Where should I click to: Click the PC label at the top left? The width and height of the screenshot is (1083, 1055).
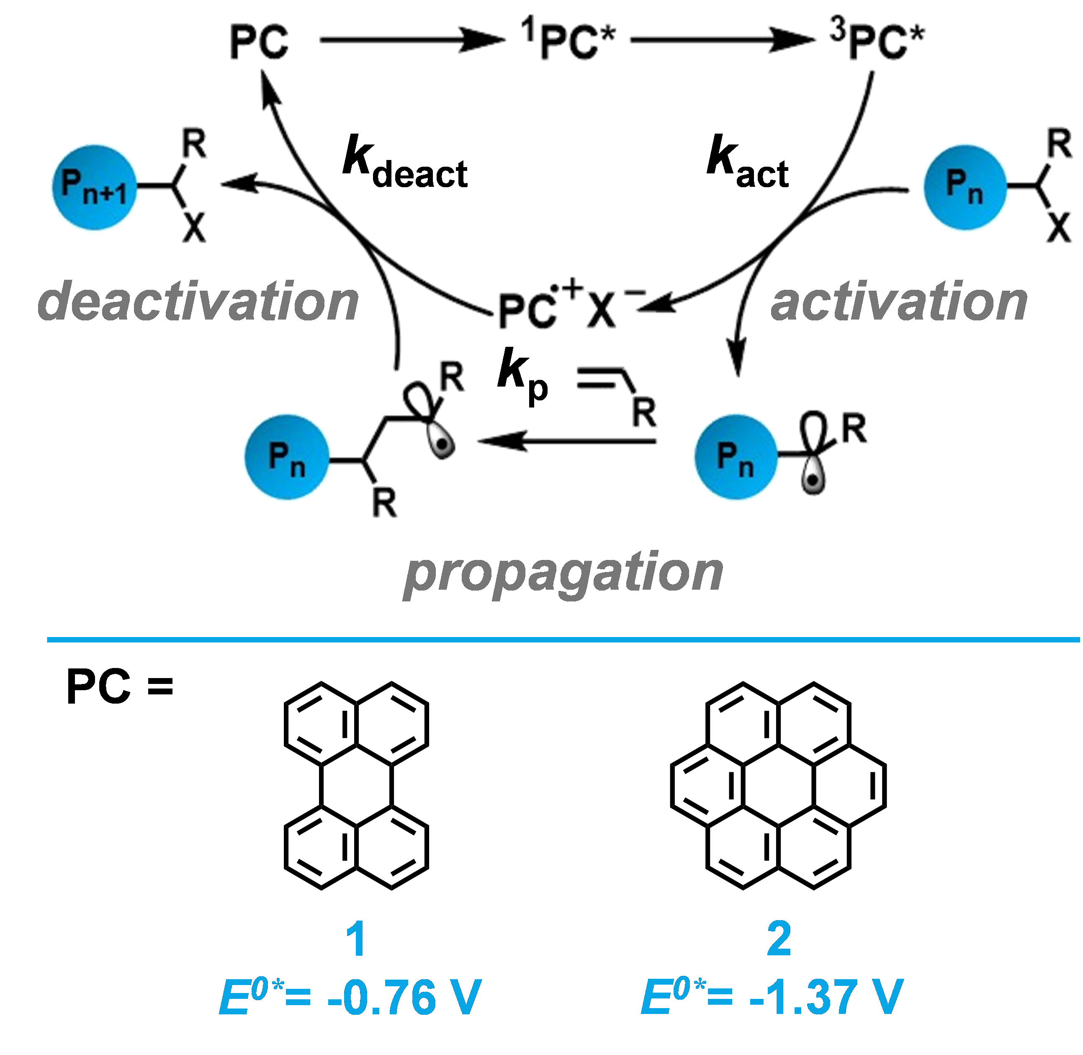[259, 43]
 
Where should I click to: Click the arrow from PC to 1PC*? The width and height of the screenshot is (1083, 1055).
[413, 39]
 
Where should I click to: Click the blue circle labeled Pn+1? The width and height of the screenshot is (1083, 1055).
[94, 187]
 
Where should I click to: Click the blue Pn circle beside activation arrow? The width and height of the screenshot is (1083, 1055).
[965, 187]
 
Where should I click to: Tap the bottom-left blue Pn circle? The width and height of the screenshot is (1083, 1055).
[287, 457]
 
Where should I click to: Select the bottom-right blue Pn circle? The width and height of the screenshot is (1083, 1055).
[736, 457]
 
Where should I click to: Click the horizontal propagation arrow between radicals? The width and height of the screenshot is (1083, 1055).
[565, 441]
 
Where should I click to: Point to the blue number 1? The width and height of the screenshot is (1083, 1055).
[356, 939]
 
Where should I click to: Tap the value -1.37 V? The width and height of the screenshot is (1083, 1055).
[826, 997]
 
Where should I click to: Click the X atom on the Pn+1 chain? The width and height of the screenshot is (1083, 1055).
[194, 227]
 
